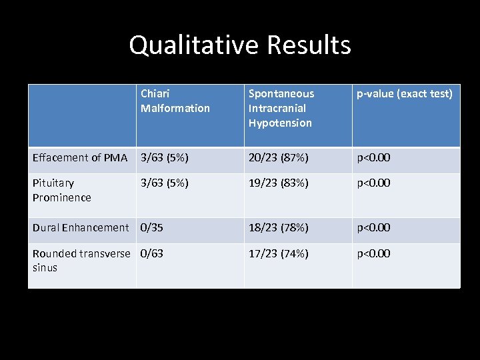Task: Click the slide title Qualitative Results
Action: click(x=239, y=45)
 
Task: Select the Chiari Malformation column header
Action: click(x=175, y=101)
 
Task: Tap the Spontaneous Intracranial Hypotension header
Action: click(x=281, y=108)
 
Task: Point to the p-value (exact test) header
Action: click(x=404, y=94)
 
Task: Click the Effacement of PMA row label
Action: click(x=80, y=158)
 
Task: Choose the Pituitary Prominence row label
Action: click(x=62, y=190)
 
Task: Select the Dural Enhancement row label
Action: click(x=81, y=227)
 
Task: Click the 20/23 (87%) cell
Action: click(x=278, y=158)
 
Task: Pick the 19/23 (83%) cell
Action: click(x=278, y=183)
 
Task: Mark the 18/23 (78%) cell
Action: click(x=278, y=227)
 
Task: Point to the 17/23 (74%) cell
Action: click(x=278, y=253)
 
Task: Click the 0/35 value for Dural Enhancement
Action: click(x=152, y=227)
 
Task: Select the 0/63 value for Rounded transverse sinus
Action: click(x=152, y=253)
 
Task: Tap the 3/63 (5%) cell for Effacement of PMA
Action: click(x=165, y=158)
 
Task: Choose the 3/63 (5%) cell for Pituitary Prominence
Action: click(x=165, y=183)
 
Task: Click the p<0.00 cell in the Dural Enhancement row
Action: click(x=373, y=227)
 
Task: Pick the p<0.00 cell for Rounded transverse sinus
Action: click(x=373, y=253)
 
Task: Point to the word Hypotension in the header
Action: click(x=280, y=123)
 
